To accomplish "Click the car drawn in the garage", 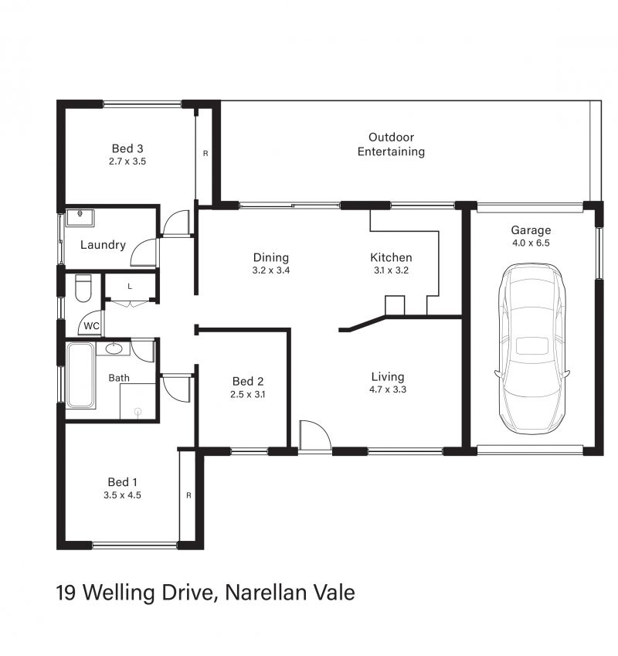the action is coord(531,349).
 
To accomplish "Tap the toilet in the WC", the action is coord(83,288).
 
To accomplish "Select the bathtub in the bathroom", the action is coord(80,376).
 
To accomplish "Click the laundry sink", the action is coord(80,218).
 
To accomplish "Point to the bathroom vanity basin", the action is coord(113,348).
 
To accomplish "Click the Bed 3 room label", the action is coord(127,148).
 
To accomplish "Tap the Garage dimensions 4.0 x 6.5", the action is coord(531,243).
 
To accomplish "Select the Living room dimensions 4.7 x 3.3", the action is coord(388,389).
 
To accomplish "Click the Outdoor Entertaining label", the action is coord(391,144).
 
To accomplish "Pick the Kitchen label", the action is coord(391,257).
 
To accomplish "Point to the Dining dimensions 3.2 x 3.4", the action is coord(271,270).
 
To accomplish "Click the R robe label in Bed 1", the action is coord(188,495).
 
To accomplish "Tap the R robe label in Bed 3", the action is coord(205,154).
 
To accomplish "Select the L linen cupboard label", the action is coord(130,287).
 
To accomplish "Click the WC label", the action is coord(92,326).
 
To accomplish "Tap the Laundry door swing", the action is coord(144,252).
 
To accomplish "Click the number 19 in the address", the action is coord(66,593).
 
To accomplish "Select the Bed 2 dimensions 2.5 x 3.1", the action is coord(247,394).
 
